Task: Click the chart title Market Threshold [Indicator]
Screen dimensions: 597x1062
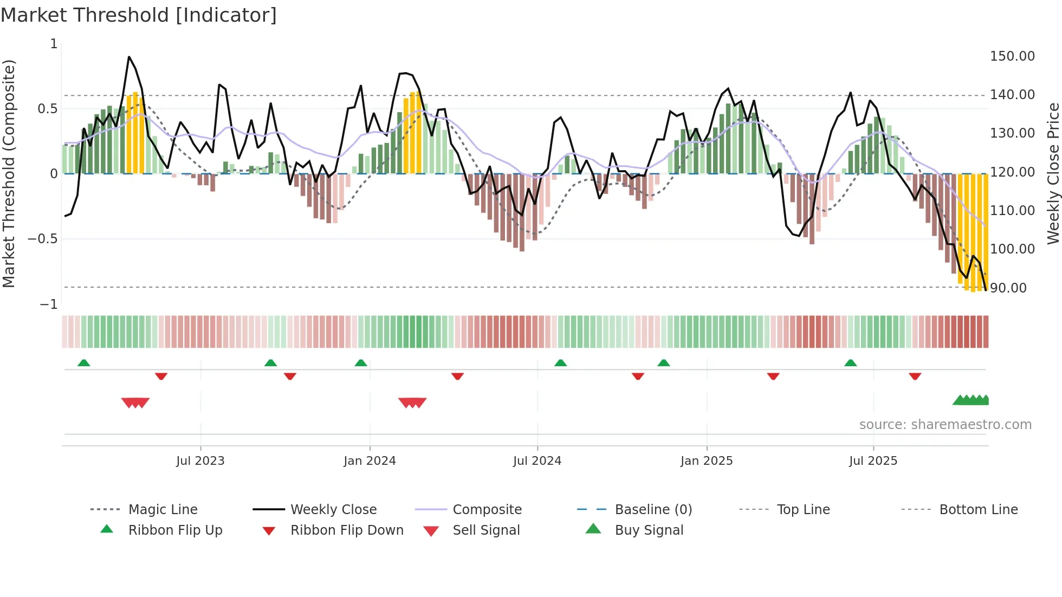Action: (x=139, y=15)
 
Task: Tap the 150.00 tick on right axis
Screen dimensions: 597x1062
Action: (x=1012, y=56)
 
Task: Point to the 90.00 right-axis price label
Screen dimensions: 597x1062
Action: (x=1008, y=288)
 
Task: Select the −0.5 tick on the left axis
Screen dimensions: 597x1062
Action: (x=42, y=239)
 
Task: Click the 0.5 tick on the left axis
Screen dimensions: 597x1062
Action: (x=47, y=109)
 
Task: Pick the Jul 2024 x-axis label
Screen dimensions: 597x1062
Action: (x=536, y=461)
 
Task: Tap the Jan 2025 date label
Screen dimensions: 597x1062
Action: (x=706, y=461)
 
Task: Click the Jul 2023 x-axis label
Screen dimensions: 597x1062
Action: (x=200, y=461)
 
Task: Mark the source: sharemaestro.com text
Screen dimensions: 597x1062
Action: (x=945, y=425)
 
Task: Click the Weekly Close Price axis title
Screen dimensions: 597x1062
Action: (x=1053, y=173)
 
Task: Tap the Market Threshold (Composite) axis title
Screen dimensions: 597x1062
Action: (x=9, y=173)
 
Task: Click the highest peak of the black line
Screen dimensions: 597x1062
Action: (x=129, y=56)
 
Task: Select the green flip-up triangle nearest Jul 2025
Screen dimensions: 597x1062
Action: (x=850, y=363)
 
